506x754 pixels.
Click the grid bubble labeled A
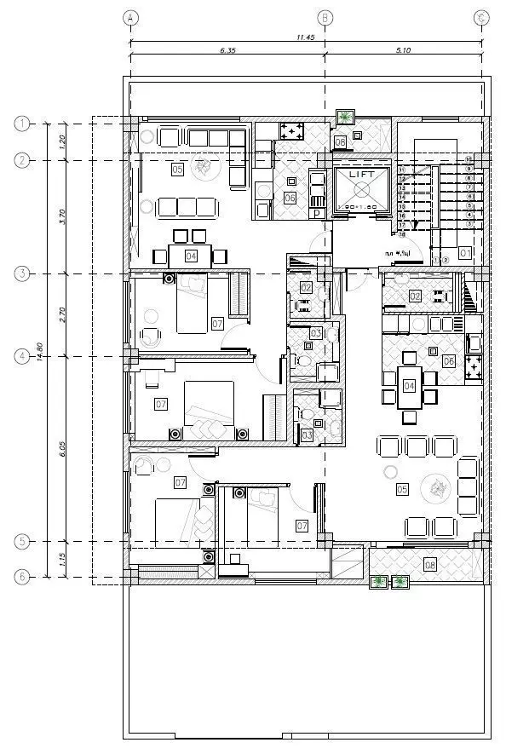click(x=129, y=17)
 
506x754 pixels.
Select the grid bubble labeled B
click(x=325, y=17)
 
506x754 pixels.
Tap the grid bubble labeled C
click(x=483, y=17)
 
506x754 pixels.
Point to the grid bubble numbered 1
click(x=22, y=124)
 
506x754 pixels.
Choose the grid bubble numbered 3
click(x=22, y=273)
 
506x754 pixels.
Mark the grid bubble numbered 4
click(x=22, y=357)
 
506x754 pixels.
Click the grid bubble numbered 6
click(x=22, y=577)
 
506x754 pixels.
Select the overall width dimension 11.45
click(x=306, y=37)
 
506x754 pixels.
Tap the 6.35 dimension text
click(x=227, y=51)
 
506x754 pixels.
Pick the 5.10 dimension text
click(x=404, y=51)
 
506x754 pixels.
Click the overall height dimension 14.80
click(x=39, y=350)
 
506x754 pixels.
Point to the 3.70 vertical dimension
click(x=61, y=216)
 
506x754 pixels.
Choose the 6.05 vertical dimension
click(x=61, y=449)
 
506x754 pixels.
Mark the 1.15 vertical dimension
click(x=61, y=559)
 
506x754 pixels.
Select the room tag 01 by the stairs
click(x=464, y=253)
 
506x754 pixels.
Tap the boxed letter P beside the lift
click(x=318, y=213)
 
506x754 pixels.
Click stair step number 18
click(x=401, y=232)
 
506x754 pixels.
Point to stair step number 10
click(x=468, y=159)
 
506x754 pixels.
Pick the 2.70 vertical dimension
click(x=61, y=315)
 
